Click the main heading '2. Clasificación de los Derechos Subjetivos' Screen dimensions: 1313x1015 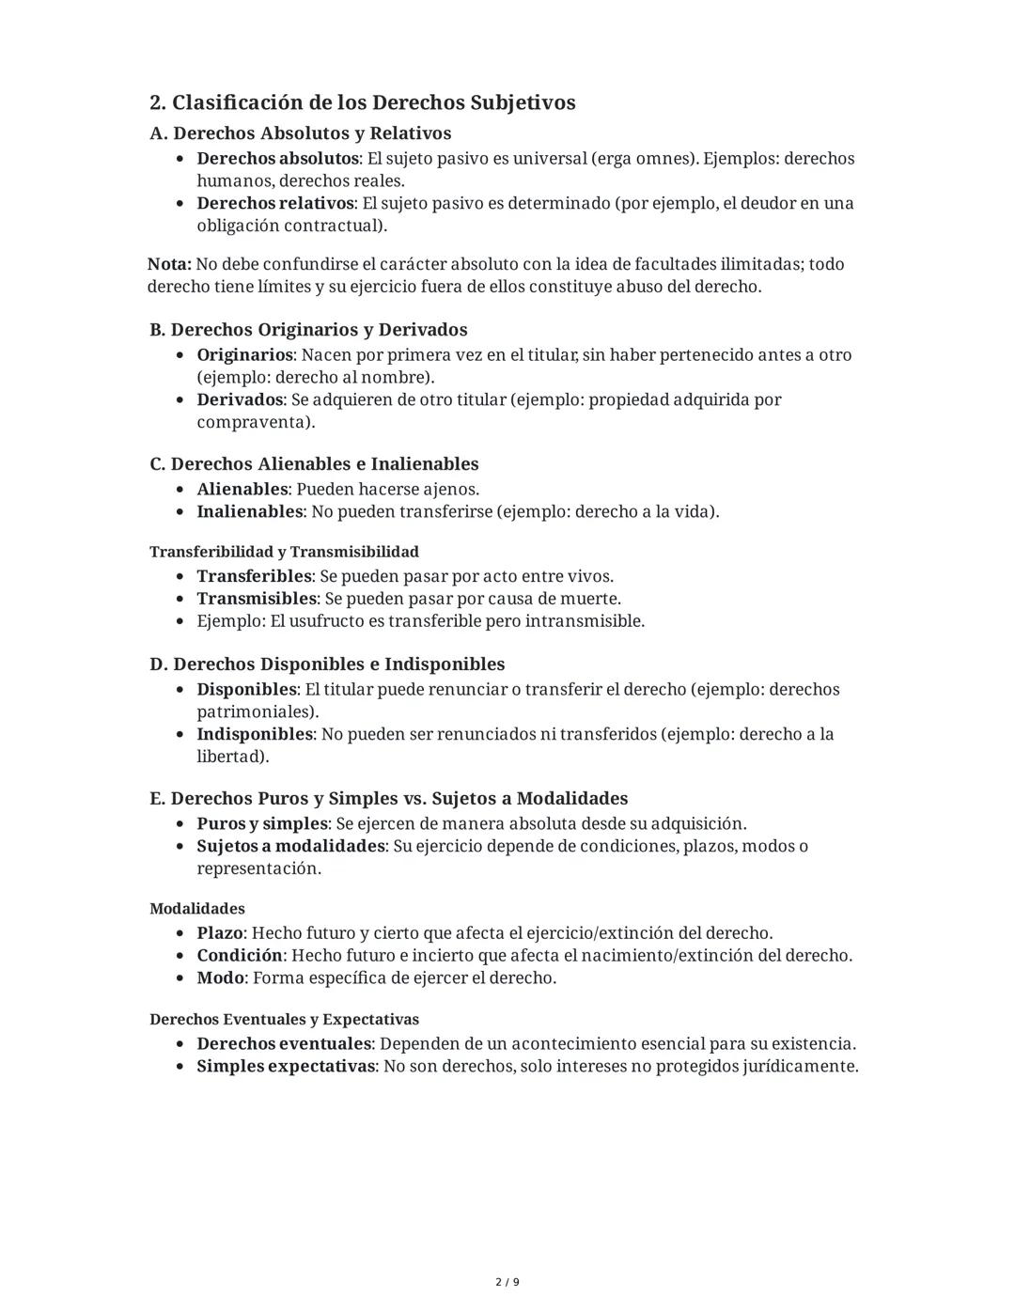(362, 102)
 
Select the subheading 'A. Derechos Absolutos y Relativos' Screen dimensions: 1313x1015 (300, 133)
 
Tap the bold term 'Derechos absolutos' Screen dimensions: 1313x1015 (277, 159)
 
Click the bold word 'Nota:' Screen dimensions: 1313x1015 (169, 264)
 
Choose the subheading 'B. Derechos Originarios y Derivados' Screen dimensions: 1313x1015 (308, 330)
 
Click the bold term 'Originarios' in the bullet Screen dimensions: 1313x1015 (244, 355)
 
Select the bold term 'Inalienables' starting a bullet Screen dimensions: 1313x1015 (249, 512)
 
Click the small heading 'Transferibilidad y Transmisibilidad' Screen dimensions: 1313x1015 (284, 552)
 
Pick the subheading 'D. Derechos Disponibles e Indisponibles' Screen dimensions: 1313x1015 (327, 664)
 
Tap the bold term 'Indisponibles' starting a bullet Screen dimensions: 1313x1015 (254, 734)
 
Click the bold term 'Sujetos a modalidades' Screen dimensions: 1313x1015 (290, 846)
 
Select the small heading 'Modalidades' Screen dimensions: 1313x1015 (197, 909)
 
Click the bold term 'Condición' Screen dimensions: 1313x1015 (239, 956)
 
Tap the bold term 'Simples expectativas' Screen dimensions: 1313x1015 (286, 1067)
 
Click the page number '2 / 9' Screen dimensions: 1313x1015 (507, 1282)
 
